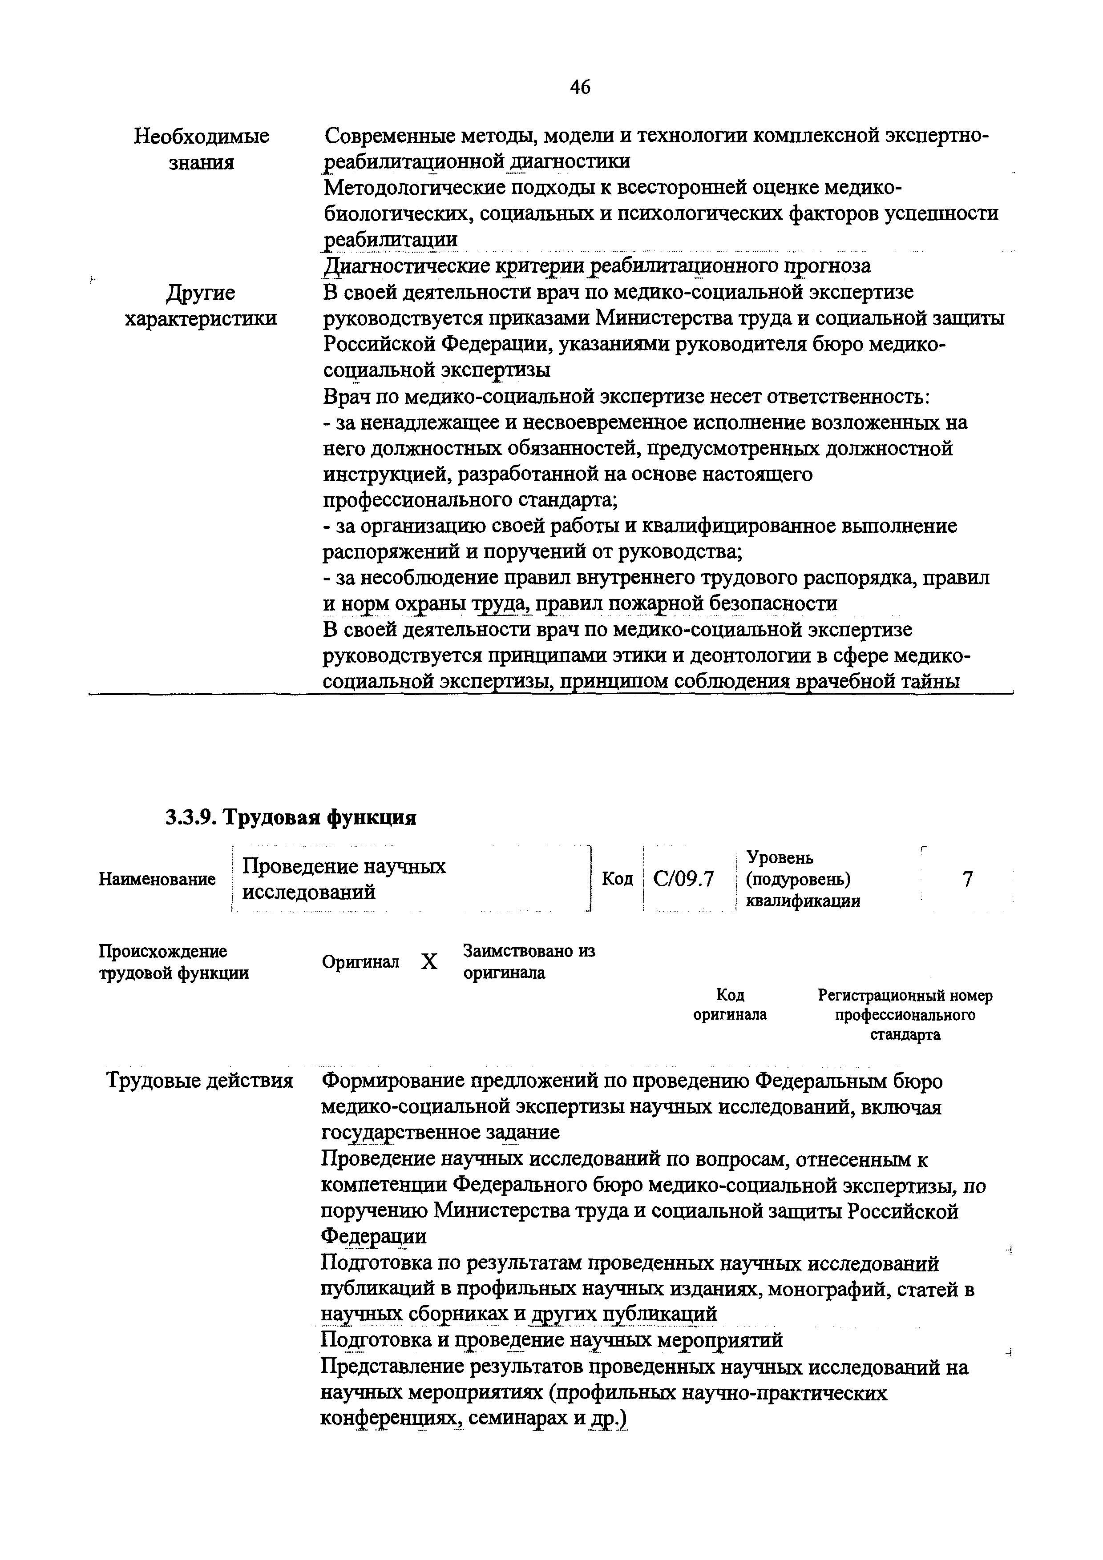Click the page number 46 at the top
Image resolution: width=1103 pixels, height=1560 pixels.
[580, 87]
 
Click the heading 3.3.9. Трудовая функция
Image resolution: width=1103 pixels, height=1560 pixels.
[291, 817]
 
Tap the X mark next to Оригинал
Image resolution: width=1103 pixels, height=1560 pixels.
[429, 962]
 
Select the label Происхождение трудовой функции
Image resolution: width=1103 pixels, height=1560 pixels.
[174, 962]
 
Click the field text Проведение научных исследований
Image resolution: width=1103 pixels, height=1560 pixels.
[344, 879]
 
